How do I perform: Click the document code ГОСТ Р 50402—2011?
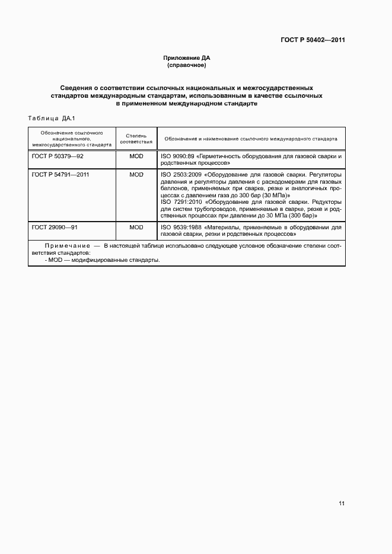tap(313, 40)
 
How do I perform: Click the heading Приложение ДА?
tap(187, 58)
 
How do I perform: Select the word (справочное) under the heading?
tap(187, 65)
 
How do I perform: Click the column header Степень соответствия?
tap(136, 139)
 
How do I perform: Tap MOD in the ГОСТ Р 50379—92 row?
tap(136, 156)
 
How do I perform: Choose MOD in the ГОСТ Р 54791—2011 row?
tap(136, 175)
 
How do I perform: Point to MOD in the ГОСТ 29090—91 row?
tap(136, 227)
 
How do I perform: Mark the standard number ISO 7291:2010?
tap(180, 201)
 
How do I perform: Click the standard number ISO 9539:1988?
tap(180, 227)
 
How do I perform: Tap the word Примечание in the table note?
tap(65, 245)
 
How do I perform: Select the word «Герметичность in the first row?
tap(219, 156)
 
